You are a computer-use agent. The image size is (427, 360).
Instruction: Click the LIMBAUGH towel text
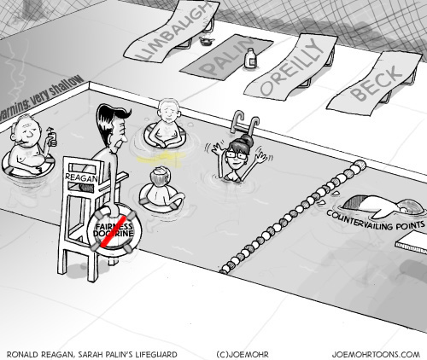point(171,32)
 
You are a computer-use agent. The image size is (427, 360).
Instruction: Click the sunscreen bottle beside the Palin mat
point(250,58)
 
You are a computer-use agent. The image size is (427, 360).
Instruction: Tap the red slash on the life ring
point(114,232)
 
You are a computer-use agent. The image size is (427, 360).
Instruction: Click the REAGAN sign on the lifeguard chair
point(81,177)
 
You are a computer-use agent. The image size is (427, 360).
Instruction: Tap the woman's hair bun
point(247,140)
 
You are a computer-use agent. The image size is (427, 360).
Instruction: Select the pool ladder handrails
point(245,123)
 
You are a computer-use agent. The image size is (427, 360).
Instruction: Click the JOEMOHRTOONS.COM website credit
point(376,355)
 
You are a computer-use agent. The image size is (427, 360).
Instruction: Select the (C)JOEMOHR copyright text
point(243,355)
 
